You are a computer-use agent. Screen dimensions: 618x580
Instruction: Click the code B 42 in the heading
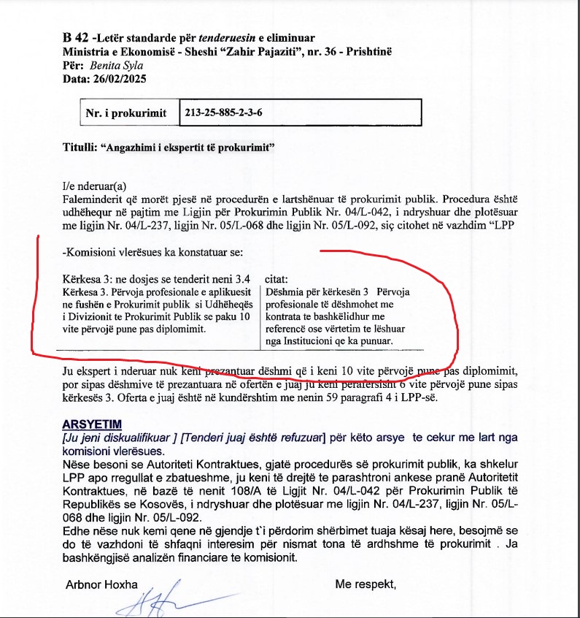(x=74, y=38)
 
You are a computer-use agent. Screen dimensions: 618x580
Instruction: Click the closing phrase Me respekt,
(x=366, y=584)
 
